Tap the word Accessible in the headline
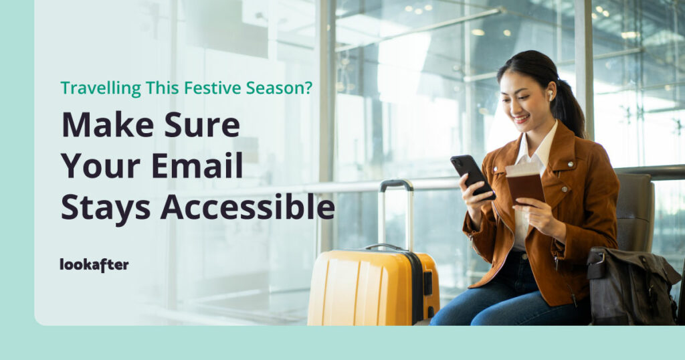(x=248, y=207)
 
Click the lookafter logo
(x=94, y=264)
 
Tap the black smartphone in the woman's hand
(x=472, y=176)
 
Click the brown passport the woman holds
(x=525, y=183)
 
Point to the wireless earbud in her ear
(x=551, y=95)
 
